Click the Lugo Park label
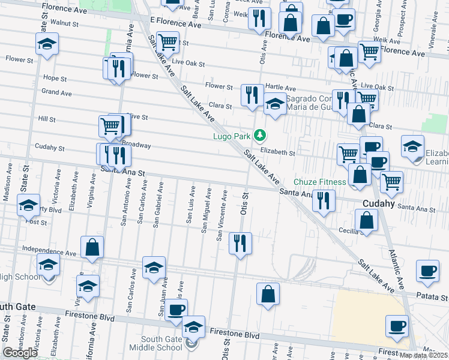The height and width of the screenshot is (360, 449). (x=231, y=136)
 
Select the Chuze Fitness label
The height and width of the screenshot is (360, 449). (x=320, y=182)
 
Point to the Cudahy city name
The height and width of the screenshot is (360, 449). (x=378, y=203)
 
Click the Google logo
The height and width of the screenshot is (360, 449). (x=20, y=352)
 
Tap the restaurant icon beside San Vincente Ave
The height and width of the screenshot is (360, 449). (x=240, y=243)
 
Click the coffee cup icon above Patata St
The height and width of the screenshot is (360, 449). (x=427, y=271)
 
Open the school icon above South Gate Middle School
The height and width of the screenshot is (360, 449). (x=193, y=327)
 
